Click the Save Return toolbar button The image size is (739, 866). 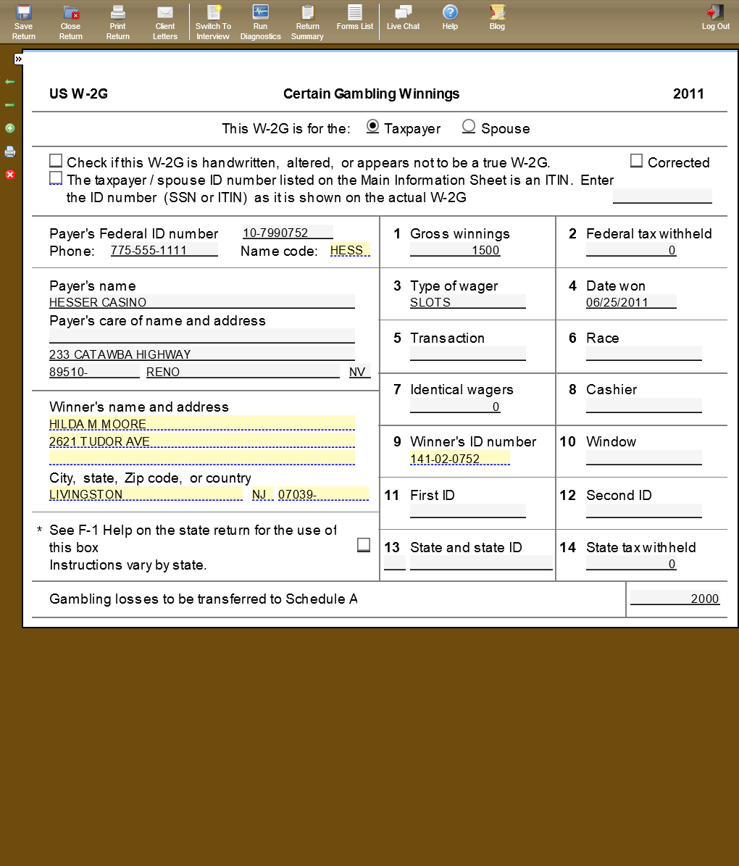point(23,21)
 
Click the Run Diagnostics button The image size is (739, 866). point(260,21)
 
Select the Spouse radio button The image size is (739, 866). point(469,127)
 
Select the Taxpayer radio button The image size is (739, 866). point(372,126)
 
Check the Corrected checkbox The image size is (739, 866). point(636,161)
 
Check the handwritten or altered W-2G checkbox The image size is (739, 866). point(56,161)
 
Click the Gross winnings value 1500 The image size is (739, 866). point(455,250)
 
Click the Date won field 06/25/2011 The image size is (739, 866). point(630,302)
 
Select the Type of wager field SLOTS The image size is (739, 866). point(467,302)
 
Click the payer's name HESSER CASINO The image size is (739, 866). point(201,302)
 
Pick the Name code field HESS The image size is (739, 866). point(349,250)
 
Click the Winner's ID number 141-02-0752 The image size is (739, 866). point(459,459)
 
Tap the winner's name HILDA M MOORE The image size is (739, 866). point(201,424)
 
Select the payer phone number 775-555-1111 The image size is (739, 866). point(164,250)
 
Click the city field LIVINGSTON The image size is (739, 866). point(146,494)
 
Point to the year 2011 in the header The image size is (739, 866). point(688,93)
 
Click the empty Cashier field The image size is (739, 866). point(643,407)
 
